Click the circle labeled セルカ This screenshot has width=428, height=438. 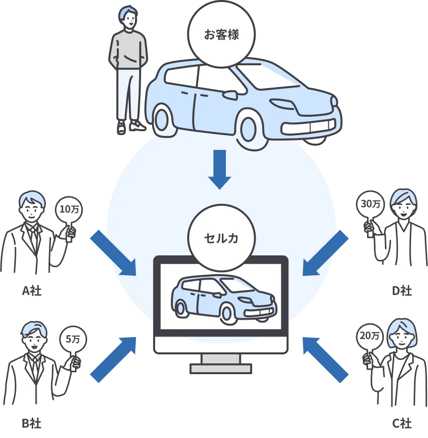pyautogui.click(x=221, y=238)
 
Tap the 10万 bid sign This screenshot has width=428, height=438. pyautogui.click(x=69, y=210)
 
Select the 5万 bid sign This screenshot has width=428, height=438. pyautogui.click(x=73, y=340)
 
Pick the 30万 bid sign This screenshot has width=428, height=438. pyautogui.click(x=371, y=204)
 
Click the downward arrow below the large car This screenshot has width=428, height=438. pyautogui.click(x=219, y=169)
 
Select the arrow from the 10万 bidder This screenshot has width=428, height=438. pyautogui.click(x=113, y=252)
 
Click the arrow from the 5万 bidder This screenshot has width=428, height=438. pyautogui.click(x=113, y=358)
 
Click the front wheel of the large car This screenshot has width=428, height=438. pyautogui.click(x=254, y=130)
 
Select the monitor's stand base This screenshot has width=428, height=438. pyautogui.click(x=221, y=368)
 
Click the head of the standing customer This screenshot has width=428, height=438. pyautogui.click(x=129, y=19)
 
